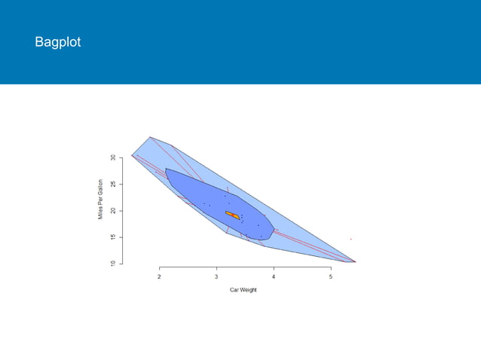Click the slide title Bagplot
click(x=57, y=42)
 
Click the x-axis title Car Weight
click(x=244, y=290)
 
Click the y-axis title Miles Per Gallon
click(x=100, y=200)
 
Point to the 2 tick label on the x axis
click(x=159, y=277)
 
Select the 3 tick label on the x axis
click(x=216, y=277)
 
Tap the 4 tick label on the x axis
click(x=274, y=277)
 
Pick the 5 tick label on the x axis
click(x=331, y=277)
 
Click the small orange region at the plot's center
click(x=232, y=215)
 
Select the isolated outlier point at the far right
click(x=351, y=239)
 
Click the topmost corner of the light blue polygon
click(x=150, y=137)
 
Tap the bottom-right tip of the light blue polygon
click(x=355, y=262)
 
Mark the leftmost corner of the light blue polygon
click(x=132, y=155)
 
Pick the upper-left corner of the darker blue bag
click(x=166, y=169)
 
